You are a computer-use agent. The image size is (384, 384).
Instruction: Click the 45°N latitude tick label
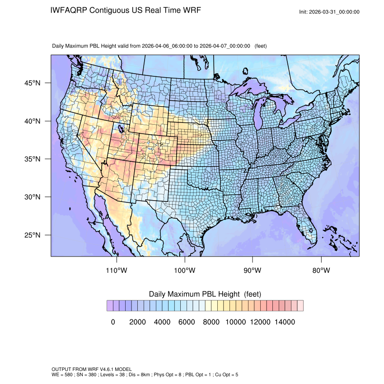click(x=33, y=83)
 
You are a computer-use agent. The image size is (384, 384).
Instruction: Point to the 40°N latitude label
click(x=33, y=121)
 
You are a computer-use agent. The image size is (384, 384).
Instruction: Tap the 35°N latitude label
click(x=33, y=159)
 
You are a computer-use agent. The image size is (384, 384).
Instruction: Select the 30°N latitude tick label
click(x=33, y=197)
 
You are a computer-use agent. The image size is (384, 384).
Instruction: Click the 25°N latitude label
click(x=33, y=235)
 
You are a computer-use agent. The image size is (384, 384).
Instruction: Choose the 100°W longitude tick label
click(x=185, y=271)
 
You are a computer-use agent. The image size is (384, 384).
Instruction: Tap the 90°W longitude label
click(x=253, y=271)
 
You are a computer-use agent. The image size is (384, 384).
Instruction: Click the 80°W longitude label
click(x=321, y=271)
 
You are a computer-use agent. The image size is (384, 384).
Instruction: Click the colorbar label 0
click(x=113, y=322)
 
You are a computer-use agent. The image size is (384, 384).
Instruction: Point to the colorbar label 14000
click(x=285, y=322)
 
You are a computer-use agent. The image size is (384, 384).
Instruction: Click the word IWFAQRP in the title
click(x=69, y=10)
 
